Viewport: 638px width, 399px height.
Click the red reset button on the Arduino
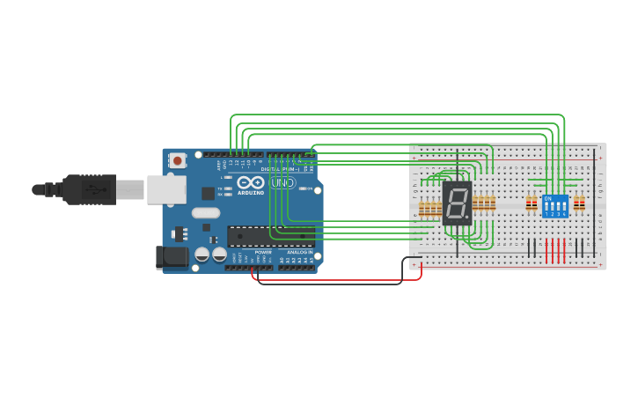tap(178, 160)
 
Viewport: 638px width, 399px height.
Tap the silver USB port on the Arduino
tap(165, 188)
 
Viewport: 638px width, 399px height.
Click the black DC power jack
tap(172, 256)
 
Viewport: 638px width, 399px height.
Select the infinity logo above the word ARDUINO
tap(250, 182)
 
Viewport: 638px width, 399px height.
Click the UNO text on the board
tap(282, 183)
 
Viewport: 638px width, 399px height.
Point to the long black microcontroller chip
tap(270, 236)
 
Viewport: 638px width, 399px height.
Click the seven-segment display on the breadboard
tap(458, 203)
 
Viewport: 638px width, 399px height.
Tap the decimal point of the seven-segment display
tap(467, 217)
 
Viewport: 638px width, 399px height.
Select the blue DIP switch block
tap(555, 207)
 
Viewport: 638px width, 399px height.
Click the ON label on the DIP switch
tap(547, 198)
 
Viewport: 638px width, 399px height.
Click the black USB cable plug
tap(88, 189)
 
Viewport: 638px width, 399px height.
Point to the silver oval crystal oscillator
tap(205, 212)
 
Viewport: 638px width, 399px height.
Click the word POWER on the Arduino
tap(263, 252)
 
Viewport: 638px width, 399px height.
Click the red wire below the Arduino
tap(334, 280)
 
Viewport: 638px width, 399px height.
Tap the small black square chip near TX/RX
tap(208, 193)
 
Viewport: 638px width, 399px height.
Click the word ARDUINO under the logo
tap(250, 192)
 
